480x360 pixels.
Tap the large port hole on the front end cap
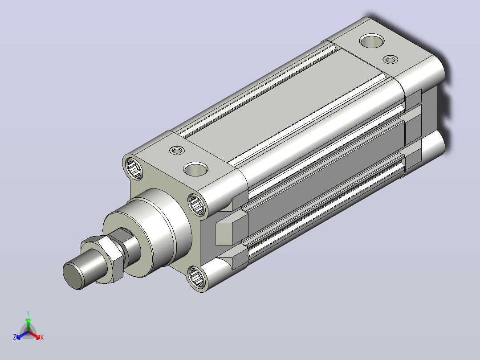click(x=195, y=169)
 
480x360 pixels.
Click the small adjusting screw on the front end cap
click(x=177, y=150)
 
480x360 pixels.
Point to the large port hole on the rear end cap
click(x=372, y=41)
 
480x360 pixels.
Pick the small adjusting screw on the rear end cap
click(x=391, y=59)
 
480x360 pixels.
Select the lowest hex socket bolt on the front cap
click(x=196, y=277)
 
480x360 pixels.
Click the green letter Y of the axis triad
click(x=28, y=313)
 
